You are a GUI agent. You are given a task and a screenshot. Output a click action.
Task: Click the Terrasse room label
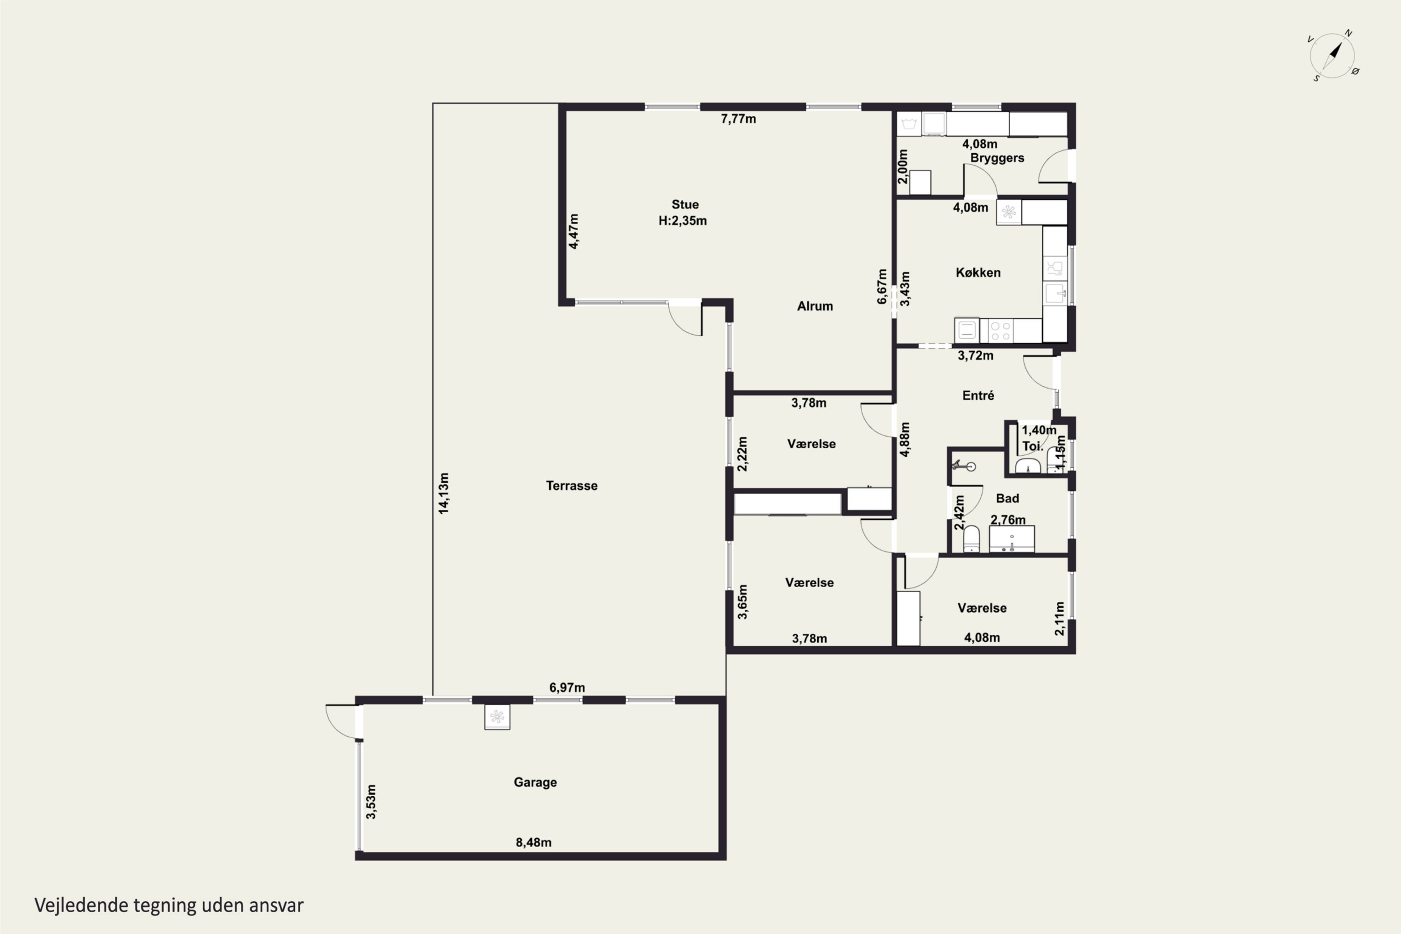(572, 486)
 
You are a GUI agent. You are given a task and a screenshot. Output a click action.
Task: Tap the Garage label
(535, 782)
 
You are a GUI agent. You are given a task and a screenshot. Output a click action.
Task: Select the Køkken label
(978, 272)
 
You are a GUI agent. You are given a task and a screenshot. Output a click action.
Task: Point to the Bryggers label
(997, 158)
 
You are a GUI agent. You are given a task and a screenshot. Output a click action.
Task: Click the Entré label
(978, 395)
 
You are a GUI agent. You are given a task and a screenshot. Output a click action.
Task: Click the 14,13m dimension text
(444, 493)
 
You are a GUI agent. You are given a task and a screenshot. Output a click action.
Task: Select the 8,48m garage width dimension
(533, 842)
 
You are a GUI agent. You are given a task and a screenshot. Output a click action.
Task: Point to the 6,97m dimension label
(566, 687)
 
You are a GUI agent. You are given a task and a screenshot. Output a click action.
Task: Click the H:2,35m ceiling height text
(683, 220)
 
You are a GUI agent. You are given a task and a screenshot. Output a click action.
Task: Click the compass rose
(1334, 56)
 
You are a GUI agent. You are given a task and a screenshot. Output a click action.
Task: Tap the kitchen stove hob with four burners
(1000, 331)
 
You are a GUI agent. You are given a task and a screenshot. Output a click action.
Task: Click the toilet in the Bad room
(971, 538)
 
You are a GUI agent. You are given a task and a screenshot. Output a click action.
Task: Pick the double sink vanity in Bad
(1012, 538)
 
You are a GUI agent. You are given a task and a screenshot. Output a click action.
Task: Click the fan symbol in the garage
(497, 717)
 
